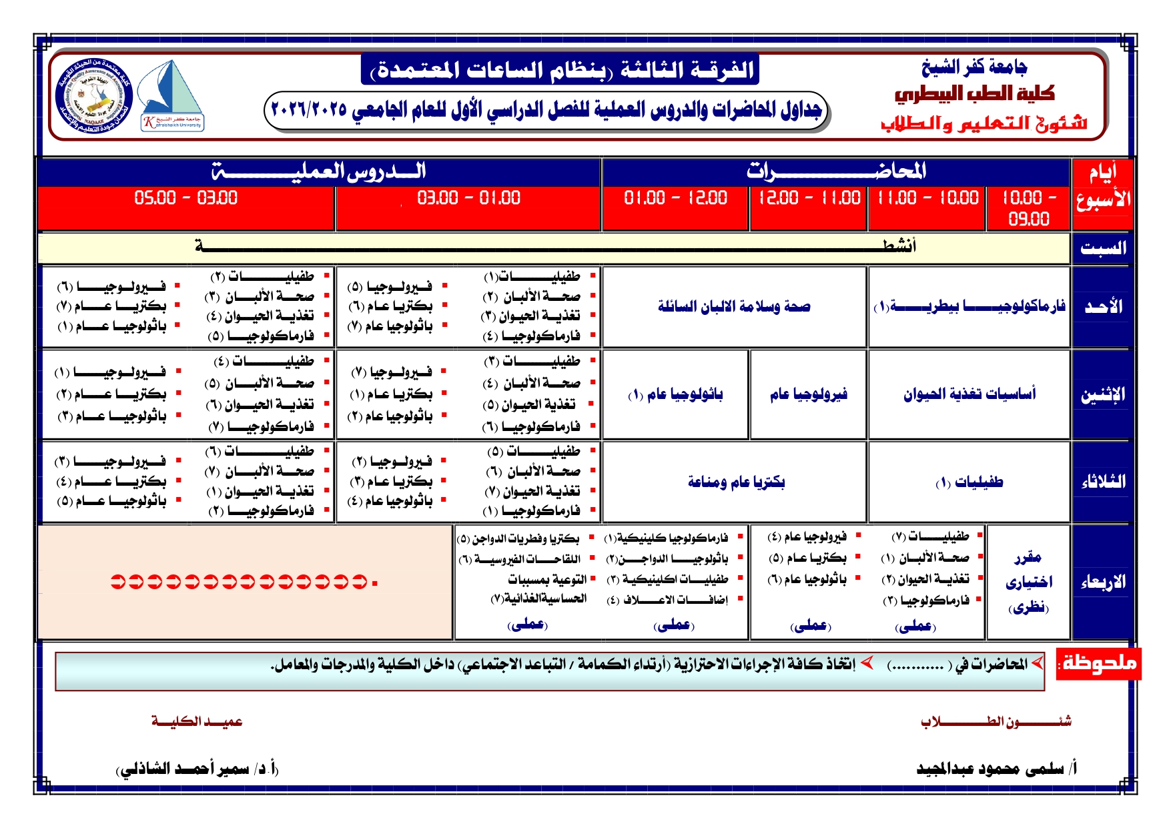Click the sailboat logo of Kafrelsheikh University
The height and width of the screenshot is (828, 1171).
tap(171, 95)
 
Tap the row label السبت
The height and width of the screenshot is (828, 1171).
tap(1103, 248)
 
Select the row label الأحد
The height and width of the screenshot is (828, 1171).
tap(1103, 307)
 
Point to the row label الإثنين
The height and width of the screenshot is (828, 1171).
tap(1103, 395)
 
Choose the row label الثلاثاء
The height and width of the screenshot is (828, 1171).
tap(1103, 482)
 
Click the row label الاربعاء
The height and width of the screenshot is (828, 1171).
tap(1103, 582)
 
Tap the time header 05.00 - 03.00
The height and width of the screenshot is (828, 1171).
tap(185, 198)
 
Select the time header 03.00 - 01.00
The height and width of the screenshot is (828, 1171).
tap(468, 198)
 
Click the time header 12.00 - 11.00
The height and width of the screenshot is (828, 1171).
tap(809, 198)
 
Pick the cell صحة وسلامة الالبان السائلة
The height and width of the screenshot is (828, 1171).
tap(734, 307)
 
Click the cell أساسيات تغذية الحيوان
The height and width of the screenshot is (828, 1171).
tap(969, 394)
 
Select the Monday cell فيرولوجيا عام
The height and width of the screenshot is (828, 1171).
tap(809, 394)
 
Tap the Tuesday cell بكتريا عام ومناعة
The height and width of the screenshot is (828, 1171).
tap(736, 482)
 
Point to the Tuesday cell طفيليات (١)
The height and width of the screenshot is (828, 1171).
tap(969, 482)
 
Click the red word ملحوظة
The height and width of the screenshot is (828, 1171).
tap(1099, 663)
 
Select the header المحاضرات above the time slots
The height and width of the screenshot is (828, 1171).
tap(836, 172)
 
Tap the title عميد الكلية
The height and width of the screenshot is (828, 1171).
tap(197, 721)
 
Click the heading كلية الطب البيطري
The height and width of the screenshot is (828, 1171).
tap(974, 94)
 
